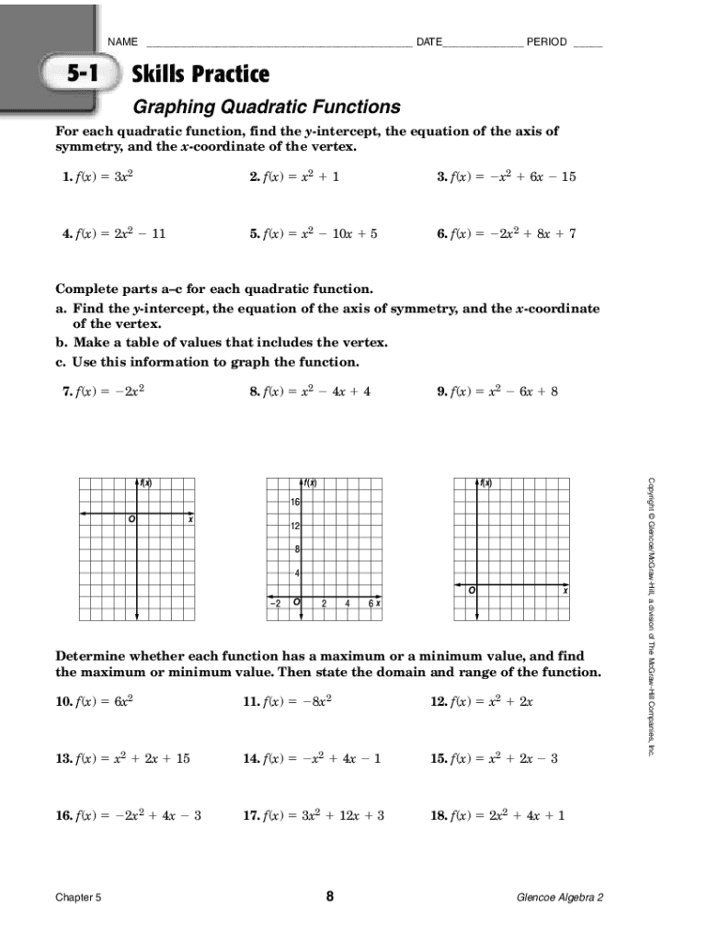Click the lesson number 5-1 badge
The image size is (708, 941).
(x=81, y=74)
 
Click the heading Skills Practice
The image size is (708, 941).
(x=201, y=74)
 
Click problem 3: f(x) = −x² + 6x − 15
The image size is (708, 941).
(x=507, y=176)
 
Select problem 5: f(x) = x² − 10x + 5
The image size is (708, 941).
(x=314, y=233)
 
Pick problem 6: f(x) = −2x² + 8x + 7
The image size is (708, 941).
(x=507, y=233)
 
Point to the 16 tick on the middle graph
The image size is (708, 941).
(x=295, y=502)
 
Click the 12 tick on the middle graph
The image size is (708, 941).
(x=295, y=527)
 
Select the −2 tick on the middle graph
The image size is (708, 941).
(x=275, y=604)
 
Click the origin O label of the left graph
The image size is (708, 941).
(x=131, y=520)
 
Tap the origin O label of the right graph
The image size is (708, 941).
(x=471, y=591)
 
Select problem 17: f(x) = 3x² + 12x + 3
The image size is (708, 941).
(x=314, y=815)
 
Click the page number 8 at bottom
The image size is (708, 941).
(x=330, y=897)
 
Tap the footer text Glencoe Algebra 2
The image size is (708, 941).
(x=560, y=898)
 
